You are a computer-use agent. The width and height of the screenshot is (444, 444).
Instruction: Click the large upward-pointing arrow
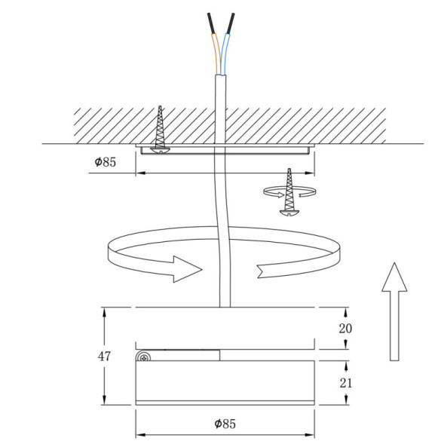point(393,311)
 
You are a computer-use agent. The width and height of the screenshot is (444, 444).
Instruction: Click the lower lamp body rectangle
point(224,382)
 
